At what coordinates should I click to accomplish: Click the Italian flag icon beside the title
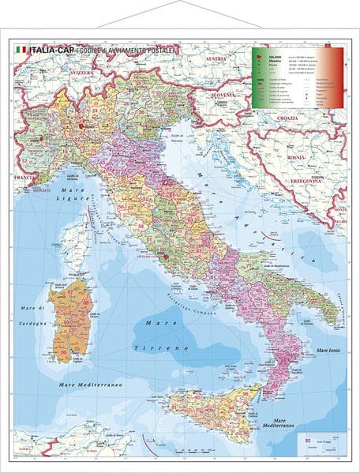pos(21,50)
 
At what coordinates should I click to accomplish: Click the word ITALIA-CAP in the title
pos(50,50)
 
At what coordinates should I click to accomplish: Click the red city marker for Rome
pos(166,256)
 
